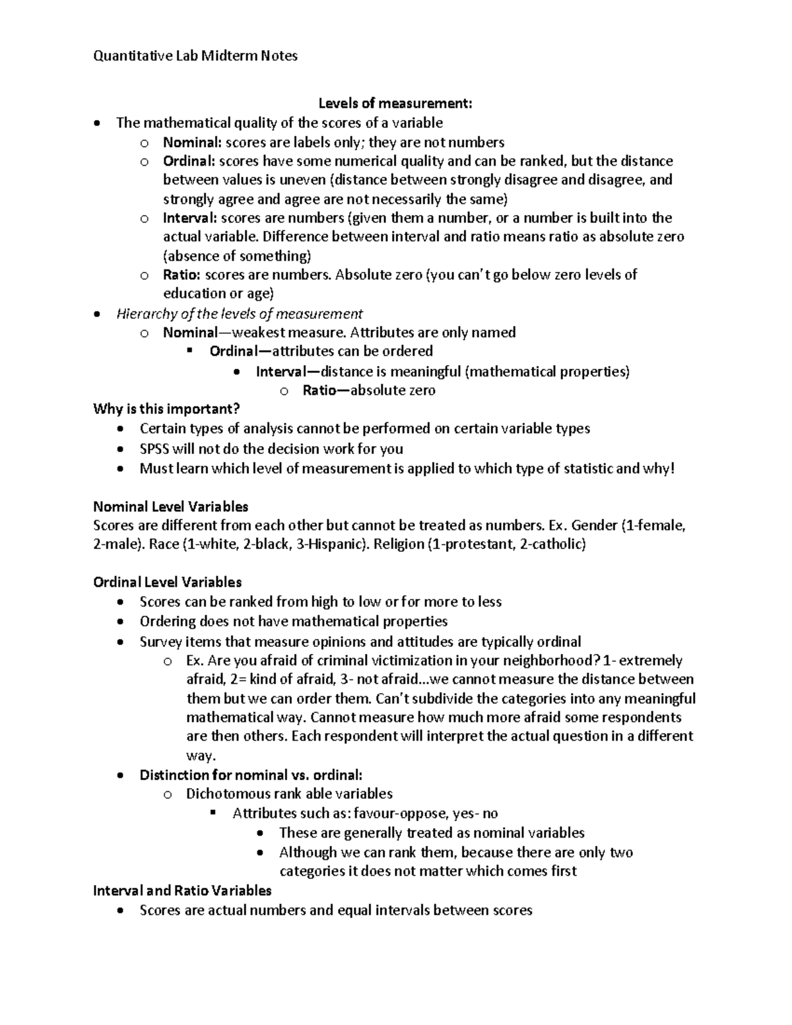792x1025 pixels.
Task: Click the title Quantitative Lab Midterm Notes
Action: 195,56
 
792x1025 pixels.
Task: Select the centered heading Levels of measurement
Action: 395,103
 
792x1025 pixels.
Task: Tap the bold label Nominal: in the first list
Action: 192,142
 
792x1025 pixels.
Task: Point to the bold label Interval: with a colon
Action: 189,218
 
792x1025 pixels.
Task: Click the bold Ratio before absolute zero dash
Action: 319,390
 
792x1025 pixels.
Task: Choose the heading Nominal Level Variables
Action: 171,507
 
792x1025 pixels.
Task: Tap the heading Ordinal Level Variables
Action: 168,582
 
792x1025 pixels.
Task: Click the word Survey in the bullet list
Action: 160,642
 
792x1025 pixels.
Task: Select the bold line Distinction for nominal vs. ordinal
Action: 251,775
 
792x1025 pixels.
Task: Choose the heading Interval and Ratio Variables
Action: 182,890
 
